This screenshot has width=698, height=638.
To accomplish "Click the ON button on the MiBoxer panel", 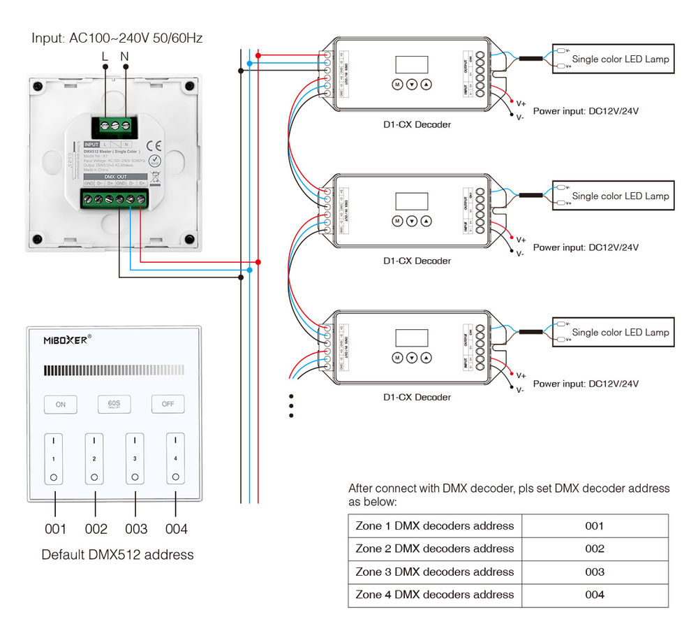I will (x=61, y=404).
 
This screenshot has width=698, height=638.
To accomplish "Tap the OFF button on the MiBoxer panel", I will (x=168, y=404).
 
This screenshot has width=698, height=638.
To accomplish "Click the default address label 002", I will (x=96, y=529).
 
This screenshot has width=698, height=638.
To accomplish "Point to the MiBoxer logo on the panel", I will (x=66, y=340).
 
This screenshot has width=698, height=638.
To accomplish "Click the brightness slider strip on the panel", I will (x=113, y=370).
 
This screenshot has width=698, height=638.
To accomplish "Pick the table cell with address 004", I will (x=594, y=595).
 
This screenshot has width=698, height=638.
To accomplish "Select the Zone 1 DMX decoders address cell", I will (x=435, y=525).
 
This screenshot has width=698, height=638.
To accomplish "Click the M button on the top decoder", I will (x=396, y=85).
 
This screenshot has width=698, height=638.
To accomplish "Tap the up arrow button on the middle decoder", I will (x=426, y=221).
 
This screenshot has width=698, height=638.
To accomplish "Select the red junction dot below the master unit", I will (x=258, y=262).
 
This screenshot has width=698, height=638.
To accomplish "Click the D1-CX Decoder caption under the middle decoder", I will (x=417, y=261).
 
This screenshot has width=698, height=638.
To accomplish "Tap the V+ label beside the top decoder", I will (x=521, y=103).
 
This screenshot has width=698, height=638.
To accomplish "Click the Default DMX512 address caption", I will (x=117, y=555).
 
